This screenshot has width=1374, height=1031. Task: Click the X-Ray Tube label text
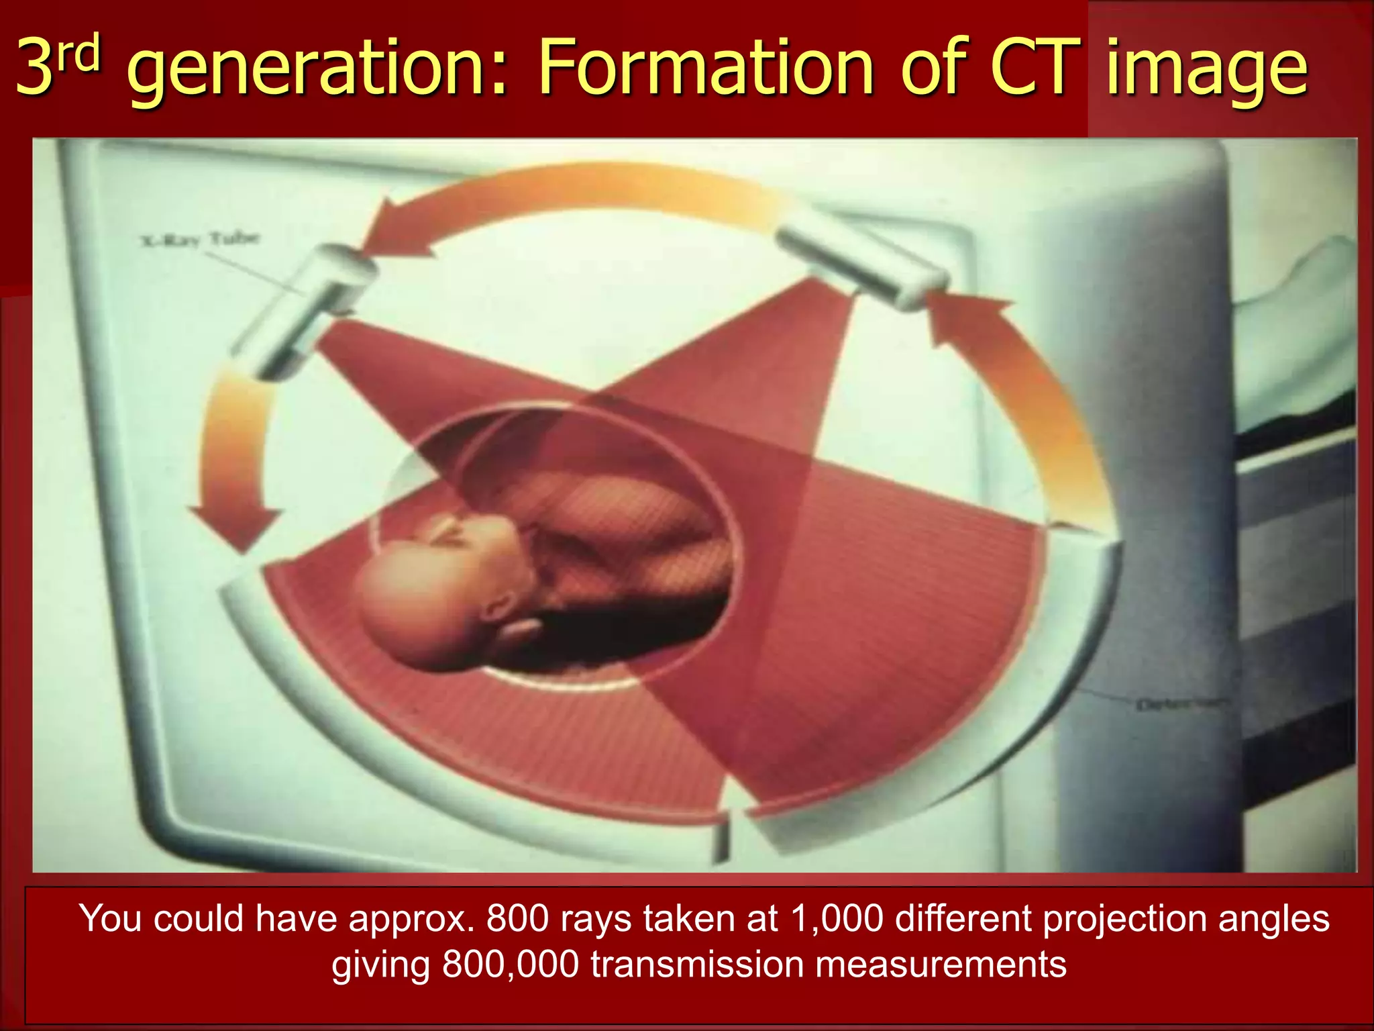click(200, 239)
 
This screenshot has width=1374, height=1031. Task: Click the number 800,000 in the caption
click(510, 965)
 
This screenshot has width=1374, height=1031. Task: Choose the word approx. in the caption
click(413, 918)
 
